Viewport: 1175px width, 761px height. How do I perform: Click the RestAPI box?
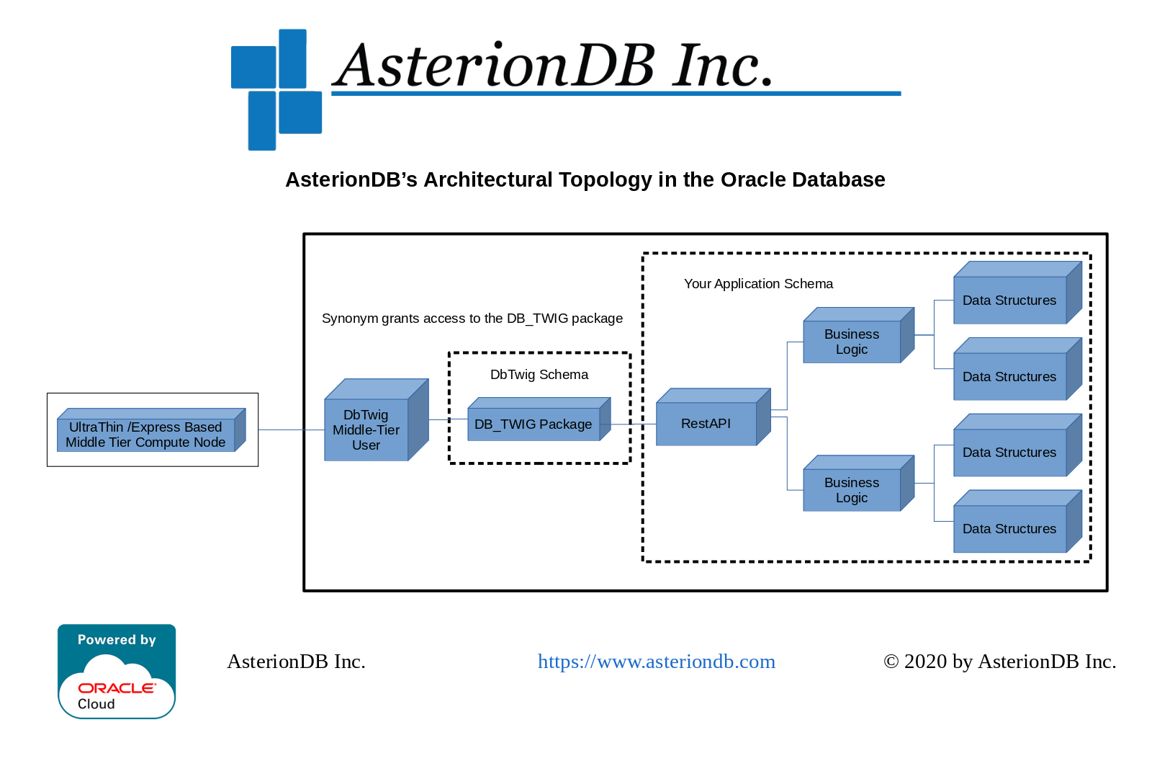(x=706, y=424)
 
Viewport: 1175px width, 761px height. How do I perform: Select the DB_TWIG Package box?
(x=534, y=424)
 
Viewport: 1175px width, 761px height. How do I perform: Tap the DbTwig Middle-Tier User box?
(x=366, y=430)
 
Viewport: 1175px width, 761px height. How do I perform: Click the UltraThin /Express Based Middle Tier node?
(x=146, y=435)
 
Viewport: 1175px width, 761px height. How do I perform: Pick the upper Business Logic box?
(x=852, y=342)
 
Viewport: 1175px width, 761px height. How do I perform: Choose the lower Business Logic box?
(x=852, y=490)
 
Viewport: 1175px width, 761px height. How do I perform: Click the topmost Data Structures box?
(x=1009, y=301)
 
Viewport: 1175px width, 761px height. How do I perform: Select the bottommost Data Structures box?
(x=1009, y=528)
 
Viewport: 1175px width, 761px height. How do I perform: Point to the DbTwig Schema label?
(x=539, y=375)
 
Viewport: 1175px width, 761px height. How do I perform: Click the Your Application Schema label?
(x=758, y=284)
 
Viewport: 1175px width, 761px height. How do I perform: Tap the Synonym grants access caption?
(x=472, y=319)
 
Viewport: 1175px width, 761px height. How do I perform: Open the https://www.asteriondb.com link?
(x=656, y=662)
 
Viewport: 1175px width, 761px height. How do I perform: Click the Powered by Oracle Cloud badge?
(x=117, y=671)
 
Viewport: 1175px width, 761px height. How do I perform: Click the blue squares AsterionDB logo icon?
(x=276, y=89)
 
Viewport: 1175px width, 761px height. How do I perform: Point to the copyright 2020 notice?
(x=999, y=662)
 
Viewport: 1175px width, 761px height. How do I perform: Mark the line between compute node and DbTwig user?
(x=291, y=430)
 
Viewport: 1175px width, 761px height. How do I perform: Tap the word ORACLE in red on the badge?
(x=117, y=688)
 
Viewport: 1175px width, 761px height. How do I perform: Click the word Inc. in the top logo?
(x=723, y=66)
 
